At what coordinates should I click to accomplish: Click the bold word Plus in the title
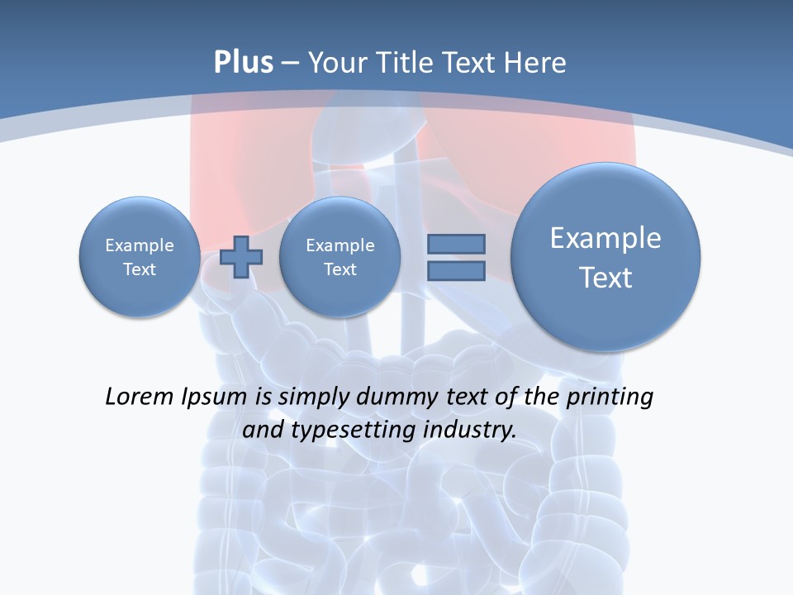[x=243, y=63]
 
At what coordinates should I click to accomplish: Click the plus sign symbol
[x=241, y=257]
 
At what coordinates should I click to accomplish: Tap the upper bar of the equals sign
[x=456, y=244]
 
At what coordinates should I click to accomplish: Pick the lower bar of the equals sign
[x=456, y=271]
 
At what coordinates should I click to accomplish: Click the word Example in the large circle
[x=605, y=238]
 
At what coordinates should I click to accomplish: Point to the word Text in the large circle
[x=605, y=278]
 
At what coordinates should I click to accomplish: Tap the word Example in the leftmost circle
[x=140, y=245]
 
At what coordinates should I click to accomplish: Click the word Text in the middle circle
[x=340, y=269]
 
